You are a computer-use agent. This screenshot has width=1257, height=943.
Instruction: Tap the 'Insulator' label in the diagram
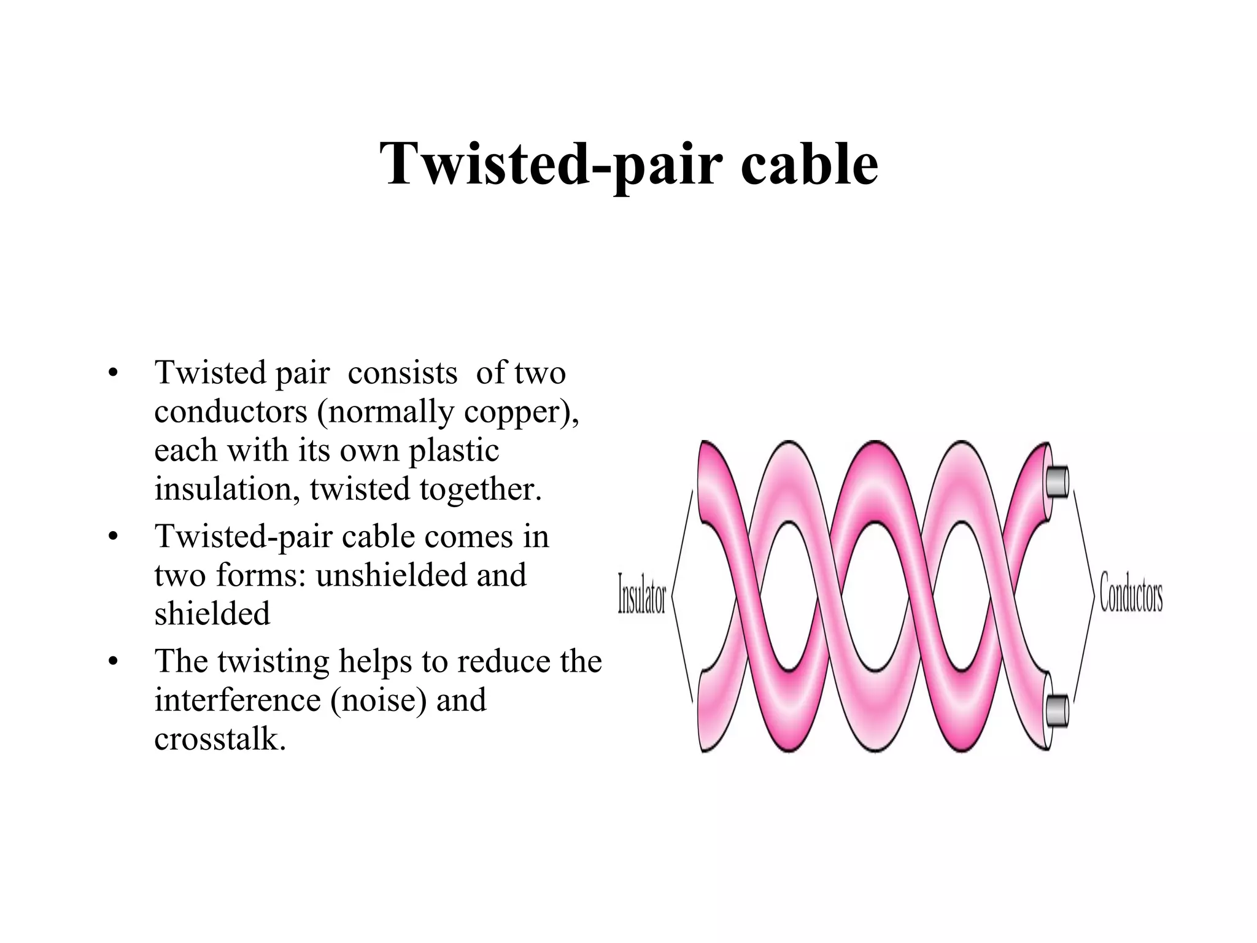point(641,594)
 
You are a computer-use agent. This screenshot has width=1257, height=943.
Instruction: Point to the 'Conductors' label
point(1131,594)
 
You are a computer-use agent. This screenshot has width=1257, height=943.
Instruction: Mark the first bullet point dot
point(112,373)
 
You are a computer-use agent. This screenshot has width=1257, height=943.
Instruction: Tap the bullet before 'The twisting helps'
point(112,662)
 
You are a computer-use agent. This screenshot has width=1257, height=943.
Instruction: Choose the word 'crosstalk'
point(219,739)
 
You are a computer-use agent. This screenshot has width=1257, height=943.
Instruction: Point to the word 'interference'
point(238,700)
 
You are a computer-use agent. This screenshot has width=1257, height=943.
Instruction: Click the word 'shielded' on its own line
point(212,614)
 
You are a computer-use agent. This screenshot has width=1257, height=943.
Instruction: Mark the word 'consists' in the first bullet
point(402,373)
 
